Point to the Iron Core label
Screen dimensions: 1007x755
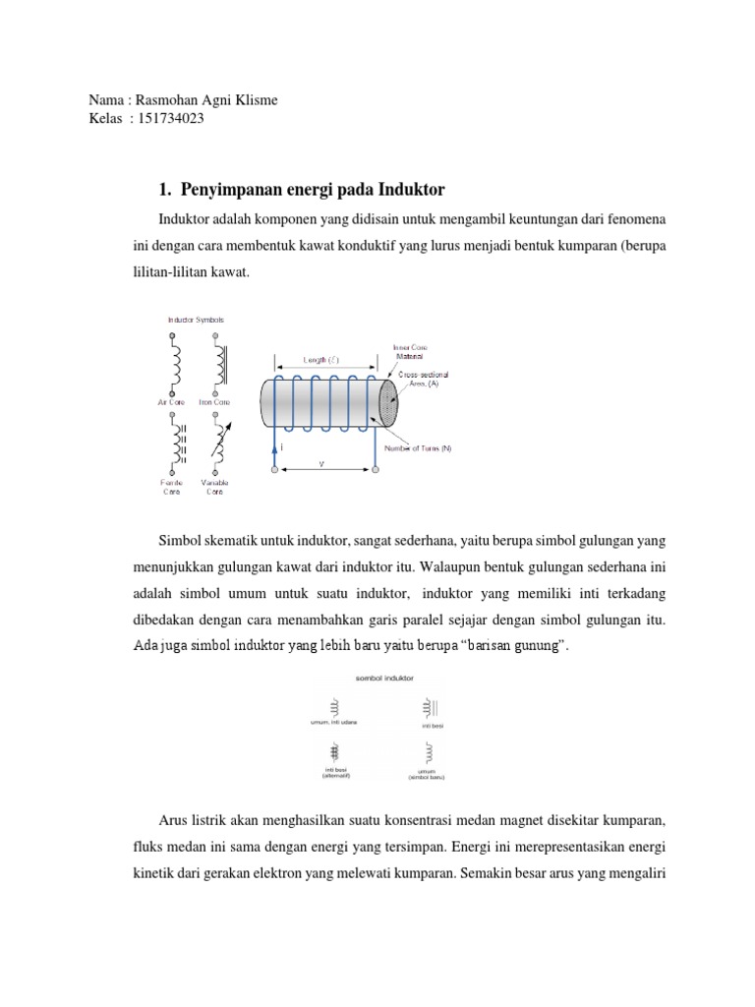214,400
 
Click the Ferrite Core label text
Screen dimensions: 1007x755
171,488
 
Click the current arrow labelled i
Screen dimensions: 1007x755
278,446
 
